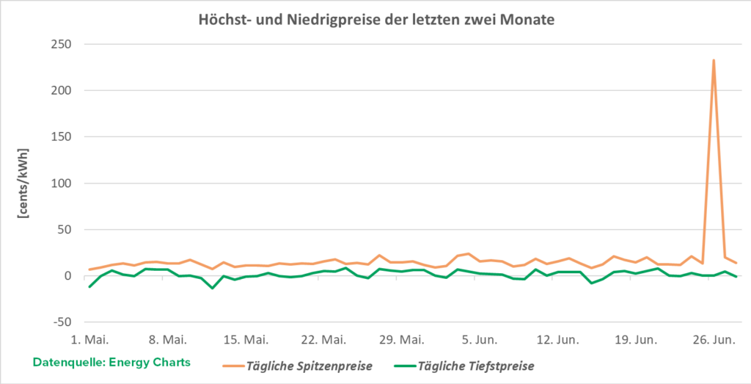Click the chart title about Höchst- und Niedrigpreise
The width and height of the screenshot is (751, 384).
pyautogui.click(x=376, y=20)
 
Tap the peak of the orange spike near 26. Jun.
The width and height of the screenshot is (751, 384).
pyautogui.click(x=714, y=61)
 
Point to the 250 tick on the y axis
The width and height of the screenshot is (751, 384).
pyautogui.click(x=62, y=44)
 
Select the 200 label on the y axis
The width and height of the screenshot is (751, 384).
pyautogui.click(x=62, y=90)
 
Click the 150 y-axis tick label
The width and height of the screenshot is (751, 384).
pyautogui.click(x=62, y=137)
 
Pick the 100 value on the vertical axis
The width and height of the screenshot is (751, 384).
pyautogui.click(x=62, y=183)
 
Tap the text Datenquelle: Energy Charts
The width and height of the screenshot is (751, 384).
pyautogui.click(x=111, y=362)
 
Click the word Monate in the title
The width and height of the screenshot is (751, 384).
pyautogui.click(x=529, y=20)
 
